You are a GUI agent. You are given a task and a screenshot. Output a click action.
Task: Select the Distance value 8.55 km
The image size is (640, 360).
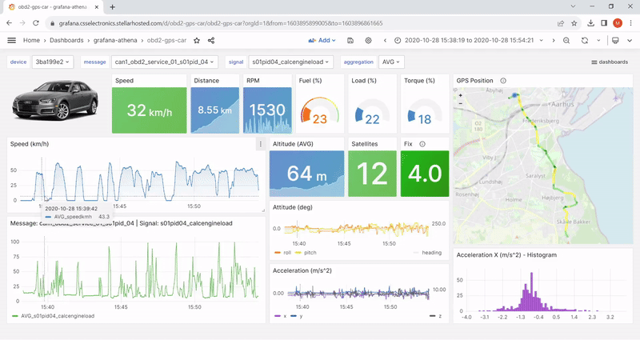click(214, 110)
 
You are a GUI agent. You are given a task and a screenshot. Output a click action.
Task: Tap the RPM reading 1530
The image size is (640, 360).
click(267, 110)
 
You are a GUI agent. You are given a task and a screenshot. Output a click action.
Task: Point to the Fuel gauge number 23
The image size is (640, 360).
click(320, 119)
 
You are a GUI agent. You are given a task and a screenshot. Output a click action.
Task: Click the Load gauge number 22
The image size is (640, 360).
click(373, 119)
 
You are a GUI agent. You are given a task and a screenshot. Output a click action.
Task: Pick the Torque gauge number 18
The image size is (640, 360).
click(425, 119)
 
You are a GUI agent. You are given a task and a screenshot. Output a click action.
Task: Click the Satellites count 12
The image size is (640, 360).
click(372, 174)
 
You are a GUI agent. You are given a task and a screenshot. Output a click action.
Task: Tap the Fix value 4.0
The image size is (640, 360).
click(426, 174)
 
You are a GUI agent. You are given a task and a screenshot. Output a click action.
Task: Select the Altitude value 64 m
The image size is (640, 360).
click(306, 174)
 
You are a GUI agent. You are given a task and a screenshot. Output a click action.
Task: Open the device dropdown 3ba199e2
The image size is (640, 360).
click(53, 62)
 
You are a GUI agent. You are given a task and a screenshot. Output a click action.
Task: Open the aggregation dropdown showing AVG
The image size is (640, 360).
click(391, 62)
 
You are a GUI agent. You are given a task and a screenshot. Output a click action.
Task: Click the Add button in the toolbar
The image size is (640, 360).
click(322, 40)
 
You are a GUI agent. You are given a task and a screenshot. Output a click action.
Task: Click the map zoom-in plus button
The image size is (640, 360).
click(461, 94)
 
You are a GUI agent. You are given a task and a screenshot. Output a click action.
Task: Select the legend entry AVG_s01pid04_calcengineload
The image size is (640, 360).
click(57, 316)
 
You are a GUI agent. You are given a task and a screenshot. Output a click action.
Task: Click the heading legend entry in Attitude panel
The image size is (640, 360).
click(431, 252)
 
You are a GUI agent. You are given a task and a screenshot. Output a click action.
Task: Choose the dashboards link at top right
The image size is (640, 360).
click(610, 62)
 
